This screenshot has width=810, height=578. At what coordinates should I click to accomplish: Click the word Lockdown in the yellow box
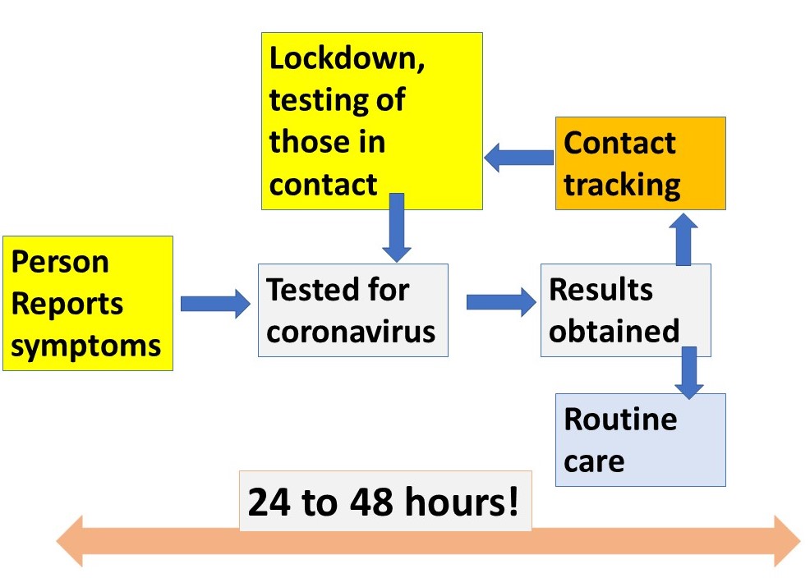coord(347,60)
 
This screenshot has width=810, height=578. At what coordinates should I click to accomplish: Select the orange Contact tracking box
coord(640,163)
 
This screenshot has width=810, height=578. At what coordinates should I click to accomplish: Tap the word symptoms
coord(86,345)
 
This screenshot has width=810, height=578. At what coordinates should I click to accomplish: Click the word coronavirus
coord(352,332)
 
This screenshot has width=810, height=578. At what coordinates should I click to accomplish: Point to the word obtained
coord(614,331)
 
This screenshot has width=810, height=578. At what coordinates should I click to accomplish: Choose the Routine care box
coord(640,439)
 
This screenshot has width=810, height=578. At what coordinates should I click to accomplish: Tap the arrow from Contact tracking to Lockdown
coord(518,157)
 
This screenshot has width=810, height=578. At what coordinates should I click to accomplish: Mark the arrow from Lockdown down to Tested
coord(396,227)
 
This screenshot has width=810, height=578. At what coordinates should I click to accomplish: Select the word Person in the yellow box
coord(59,262)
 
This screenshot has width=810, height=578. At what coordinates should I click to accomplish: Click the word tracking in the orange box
coord(622,185)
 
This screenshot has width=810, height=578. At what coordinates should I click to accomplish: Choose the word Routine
coord(620,420)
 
